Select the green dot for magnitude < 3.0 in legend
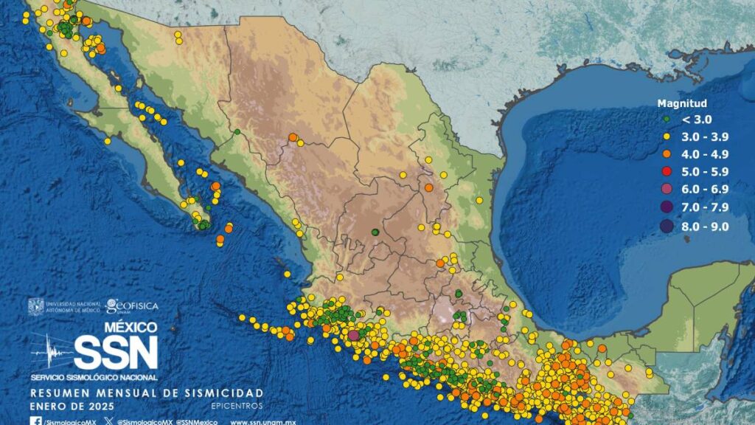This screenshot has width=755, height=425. pos(666,119)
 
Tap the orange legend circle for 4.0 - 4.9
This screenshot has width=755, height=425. pos(666,154)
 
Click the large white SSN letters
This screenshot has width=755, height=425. pos(116,353)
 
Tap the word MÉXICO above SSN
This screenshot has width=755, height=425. pos(131,327)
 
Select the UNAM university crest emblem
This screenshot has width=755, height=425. pos(36,307)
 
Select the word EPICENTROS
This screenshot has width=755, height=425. pos(237,406)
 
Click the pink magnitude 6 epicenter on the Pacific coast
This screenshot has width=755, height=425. pos(353,335)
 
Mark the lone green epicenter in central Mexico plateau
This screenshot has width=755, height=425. pos(375,232)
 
